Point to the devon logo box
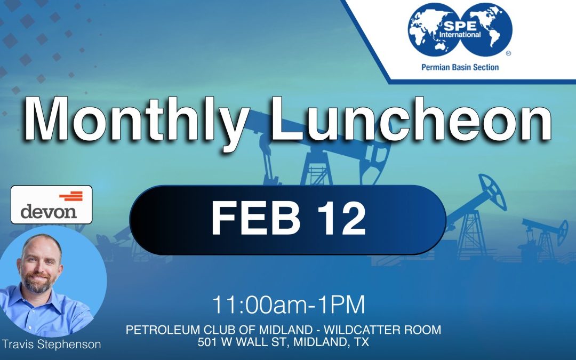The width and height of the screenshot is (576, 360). tap(51, 204)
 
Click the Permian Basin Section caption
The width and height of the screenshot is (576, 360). tap(460, 67)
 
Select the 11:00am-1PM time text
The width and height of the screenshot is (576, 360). tap(289, 305)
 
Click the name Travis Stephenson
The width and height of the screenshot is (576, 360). tap(51, 344)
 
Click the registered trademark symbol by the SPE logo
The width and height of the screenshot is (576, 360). tap(508, 53)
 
